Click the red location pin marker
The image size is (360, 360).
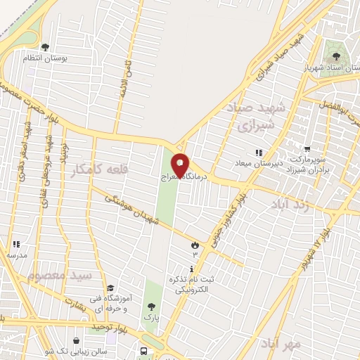tap(180, 165)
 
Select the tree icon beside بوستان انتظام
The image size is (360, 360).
tap(46, 48)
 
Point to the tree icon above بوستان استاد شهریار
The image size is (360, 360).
tap(332, 51)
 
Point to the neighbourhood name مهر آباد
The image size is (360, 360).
tap(280, 344)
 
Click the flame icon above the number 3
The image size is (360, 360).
tap(195, 243)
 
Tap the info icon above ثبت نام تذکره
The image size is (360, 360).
tap(192, 269)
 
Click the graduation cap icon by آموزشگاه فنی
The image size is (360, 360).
tap(110, 288)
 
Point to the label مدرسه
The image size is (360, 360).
tap(17, 256)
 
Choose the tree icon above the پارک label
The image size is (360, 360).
tap(150, 307)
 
